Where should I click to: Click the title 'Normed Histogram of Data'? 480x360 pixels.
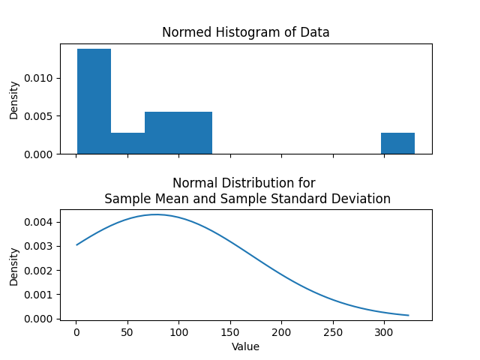(x=246, y=32)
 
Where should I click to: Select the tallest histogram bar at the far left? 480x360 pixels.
(x=94, y=101)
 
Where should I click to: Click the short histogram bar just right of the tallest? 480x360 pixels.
(x=127, y=143)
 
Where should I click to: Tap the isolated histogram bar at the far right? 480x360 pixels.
(x=397, y=143)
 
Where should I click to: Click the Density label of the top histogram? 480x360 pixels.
(x=14, y=99)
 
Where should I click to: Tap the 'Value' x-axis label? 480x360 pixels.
(x=246, y=346)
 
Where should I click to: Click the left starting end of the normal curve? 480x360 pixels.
(x=76, y=244)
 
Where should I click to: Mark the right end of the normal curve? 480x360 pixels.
(x=409, y=315)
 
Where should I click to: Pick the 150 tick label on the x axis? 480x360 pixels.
(x=230, y=332)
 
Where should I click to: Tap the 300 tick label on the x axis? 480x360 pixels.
(x=384, y=332)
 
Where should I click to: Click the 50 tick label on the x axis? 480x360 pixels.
(x=127, y=332)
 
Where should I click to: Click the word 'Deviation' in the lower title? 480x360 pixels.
(x=362, y=199)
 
